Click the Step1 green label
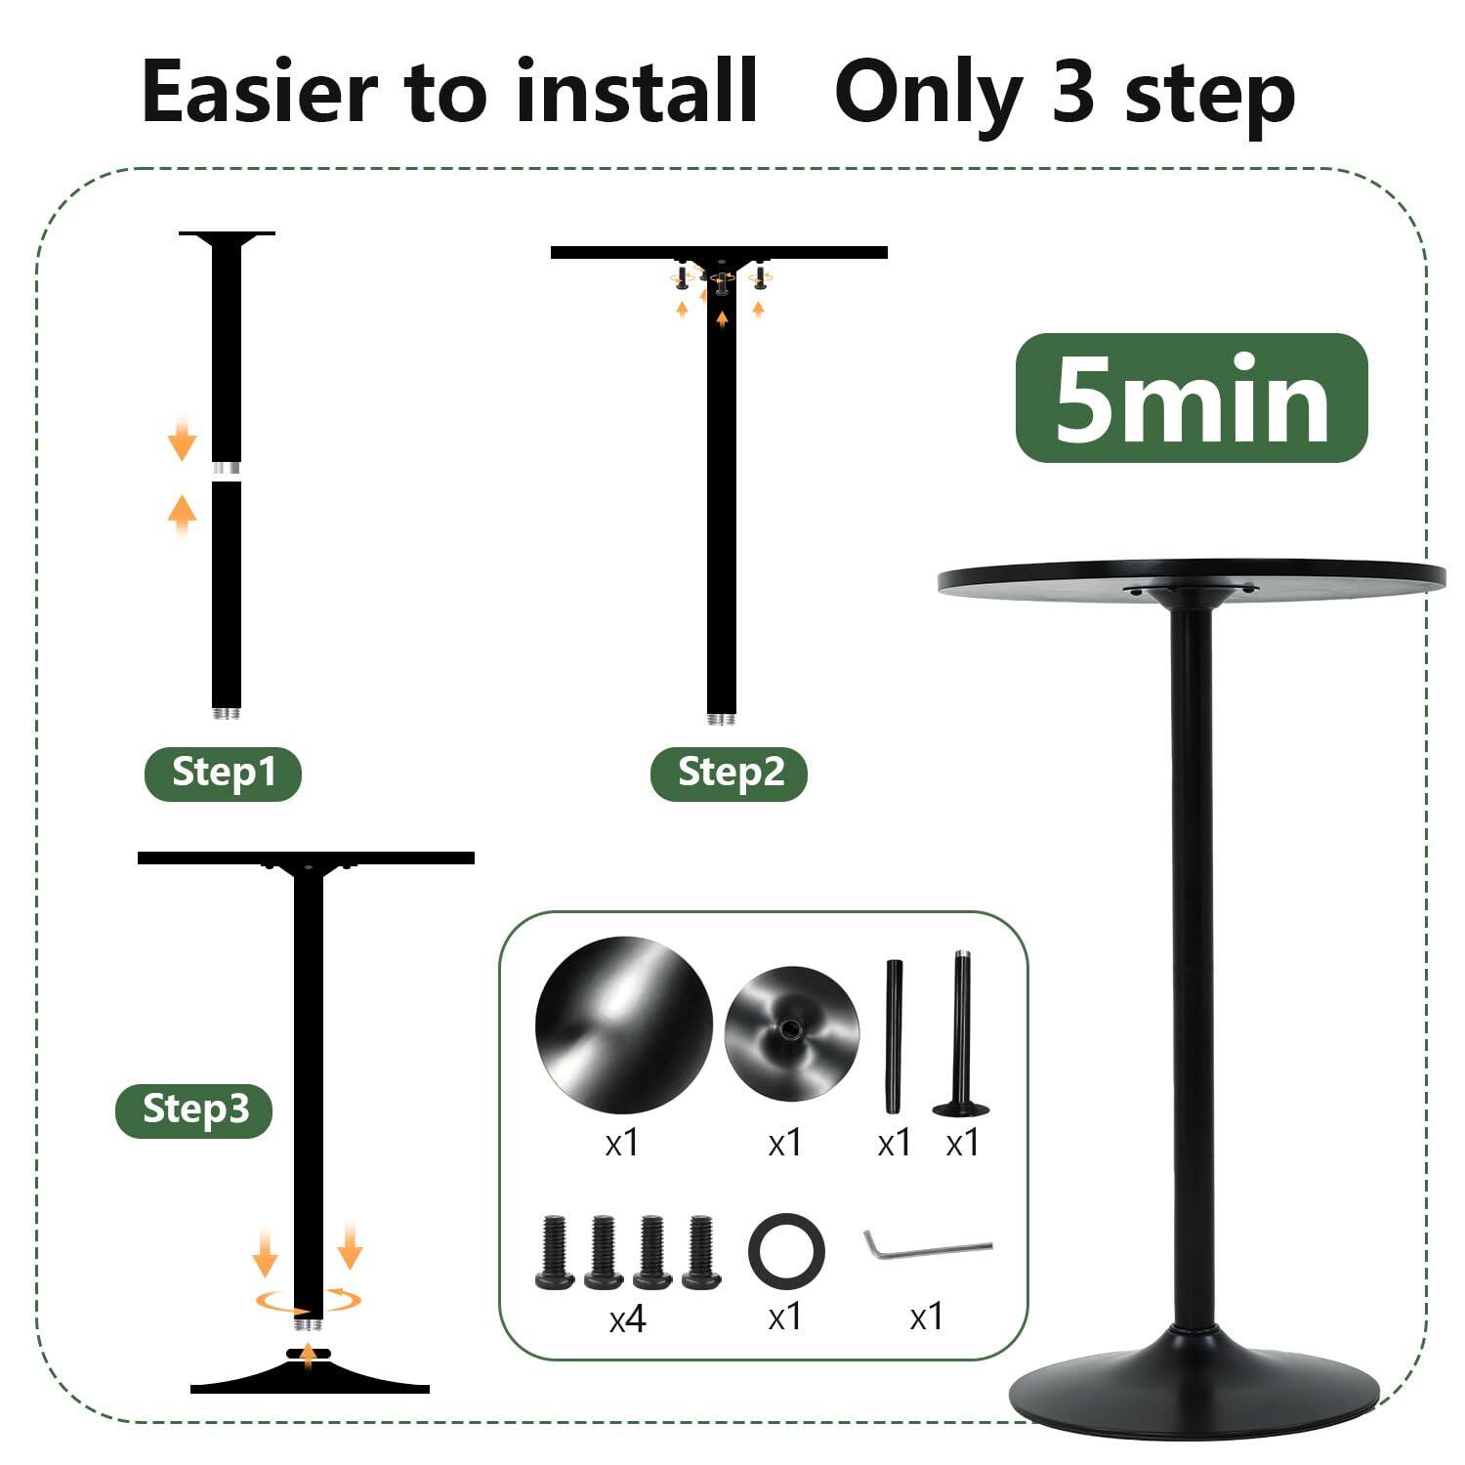pyautogui.click(x=223, y=773)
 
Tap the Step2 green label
pyautogui.click(x=729, y=773)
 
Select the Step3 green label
pyautogui.click(x=193, y=1109)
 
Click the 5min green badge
pyautogui.click(x=1192, y=398)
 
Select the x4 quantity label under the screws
pyautogui.click(x=627, y=1320)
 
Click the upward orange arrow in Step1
pyautogui.click(x=182, y=513)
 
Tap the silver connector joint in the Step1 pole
pyautogui.click(x=227, y=470)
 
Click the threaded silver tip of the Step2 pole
pyautogui.click(x=721, y=719)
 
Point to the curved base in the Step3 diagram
pyautogui.click(x=310, y=1379)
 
